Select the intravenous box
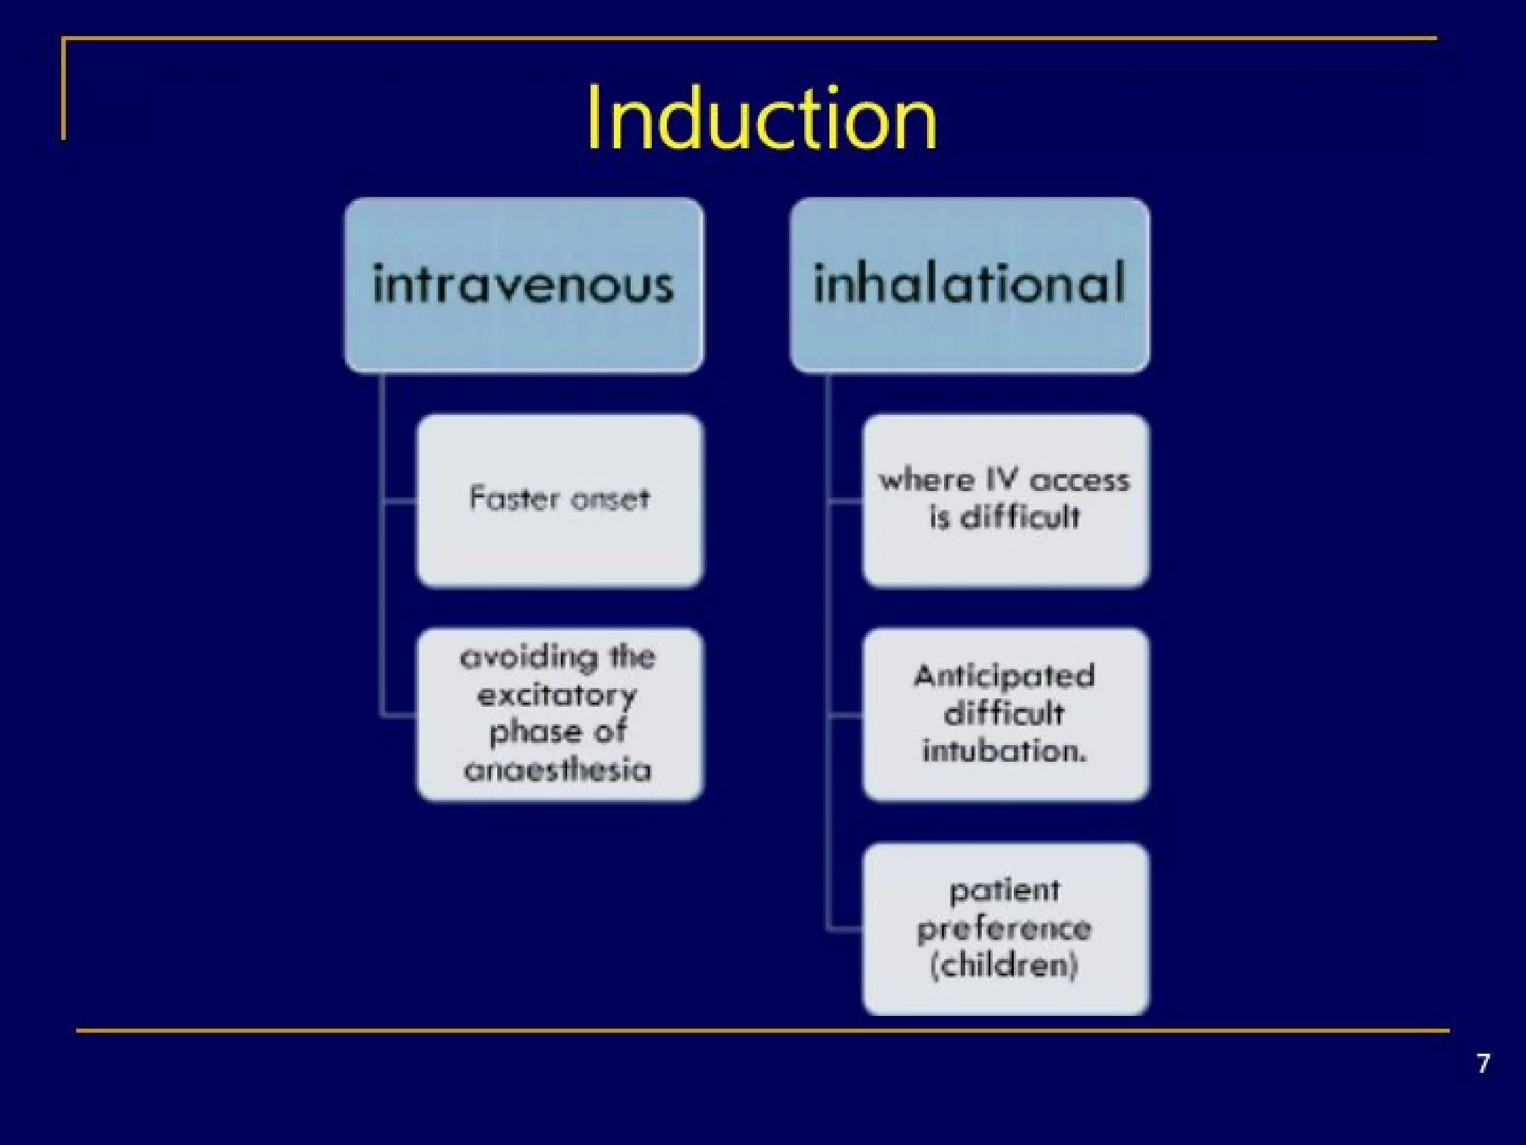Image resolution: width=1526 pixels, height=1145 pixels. (524, 285)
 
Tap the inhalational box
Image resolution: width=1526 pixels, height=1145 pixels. (969, 285)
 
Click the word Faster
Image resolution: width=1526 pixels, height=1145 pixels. (510, 498)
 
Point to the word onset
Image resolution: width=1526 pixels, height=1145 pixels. (610, 499)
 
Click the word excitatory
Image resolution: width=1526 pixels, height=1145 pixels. (557, 696)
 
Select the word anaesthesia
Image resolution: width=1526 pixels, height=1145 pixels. (557, 769)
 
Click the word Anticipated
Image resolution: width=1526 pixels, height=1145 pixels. (1004, 676)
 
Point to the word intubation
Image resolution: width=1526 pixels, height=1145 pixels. (1004, 750)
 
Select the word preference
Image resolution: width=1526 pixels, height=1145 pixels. (1004, 928)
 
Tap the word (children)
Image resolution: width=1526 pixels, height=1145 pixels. (1004, 965)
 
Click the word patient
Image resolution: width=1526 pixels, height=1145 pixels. (1004, 891)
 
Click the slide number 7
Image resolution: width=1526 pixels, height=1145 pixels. (1483, 1063)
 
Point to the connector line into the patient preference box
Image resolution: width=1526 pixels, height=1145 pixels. (844, 929)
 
